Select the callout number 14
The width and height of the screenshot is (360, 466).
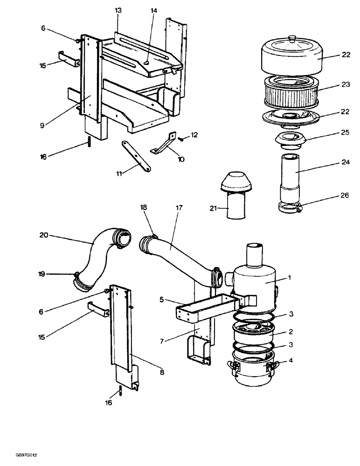pyautogui.click(x=153, y=10)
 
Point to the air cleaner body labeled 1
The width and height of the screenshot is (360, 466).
pyautogui.click(x=256, y=282)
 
